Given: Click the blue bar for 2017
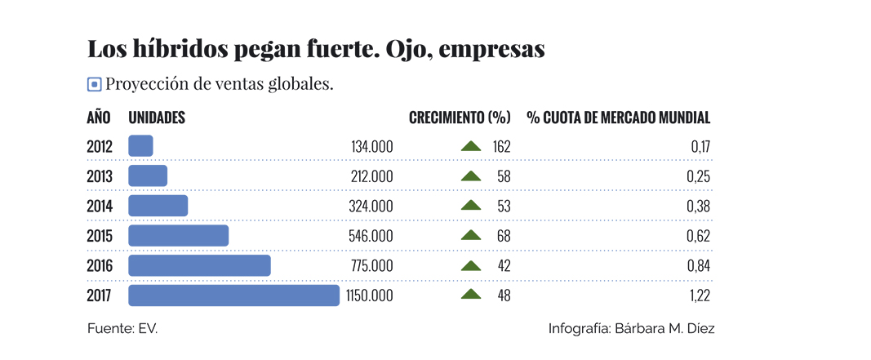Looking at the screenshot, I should coord(233,296).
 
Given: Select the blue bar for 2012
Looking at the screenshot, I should coord(140,146).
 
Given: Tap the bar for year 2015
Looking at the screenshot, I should coord(178,236).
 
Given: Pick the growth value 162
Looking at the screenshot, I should coord(501,147).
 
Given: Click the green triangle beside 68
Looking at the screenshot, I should coord(471,236).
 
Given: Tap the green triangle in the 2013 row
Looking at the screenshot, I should coord(471,176).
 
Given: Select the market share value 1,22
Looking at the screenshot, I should coord(698,296).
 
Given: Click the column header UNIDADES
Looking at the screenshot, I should coord(157,118).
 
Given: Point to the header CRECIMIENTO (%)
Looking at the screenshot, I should coord(460,118).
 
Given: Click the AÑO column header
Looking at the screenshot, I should coord(99,118).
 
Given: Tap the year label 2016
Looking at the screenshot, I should coord(100,266).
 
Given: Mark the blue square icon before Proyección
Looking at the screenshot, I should coord(94,84).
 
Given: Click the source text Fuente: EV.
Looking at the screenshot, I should coord(122,328).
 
